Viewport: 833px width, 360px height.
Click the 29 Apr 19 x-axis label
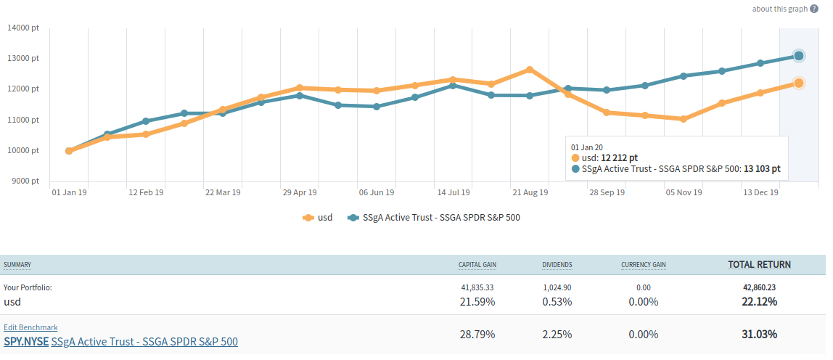300,192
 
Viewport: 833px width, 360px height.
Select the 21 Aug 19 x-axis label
530,192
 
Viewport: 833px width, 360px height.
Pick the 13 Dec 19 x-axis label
760,192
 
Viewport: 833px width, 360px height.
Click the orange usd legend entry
317,217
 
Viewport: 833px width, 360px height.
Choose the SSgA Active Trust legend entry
434,217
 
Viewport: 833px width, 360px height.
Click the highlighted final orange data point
798,83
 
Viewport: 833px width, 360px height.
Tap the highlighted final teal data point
798,56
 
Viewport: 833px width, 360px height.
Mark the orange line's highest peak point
530,70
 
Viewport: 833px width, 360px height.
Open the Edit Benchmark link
30,327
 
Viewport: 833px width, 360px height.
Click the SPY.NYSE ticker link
25,341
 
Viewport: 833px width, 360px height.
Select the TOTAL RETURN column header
759,264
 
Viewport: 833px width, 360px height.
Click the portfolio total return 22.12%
759,301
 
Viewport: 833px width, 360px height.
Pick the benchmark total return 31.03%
759,335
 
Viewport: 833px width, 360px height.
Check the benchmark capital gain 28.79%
478,335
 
